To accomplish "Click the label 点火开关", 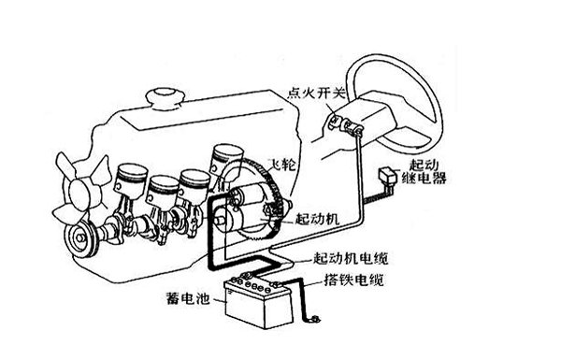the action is tap(317, 94).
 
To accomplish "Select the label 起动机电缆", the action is tap(351, 258).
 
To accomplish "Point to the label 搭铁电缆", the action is tap(353, 280).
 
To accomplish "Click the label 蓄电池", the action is tap(188, 297).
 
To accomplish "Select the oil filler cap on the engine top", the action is tap(165, 97).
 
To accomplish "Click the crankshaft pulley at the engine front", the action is tap(80, 237).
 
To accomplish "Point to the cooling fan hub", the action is tap(79, 193).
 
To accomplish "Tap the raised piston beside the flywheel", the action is tap(226, 160).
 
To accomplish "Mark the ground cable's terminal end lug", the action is tap(315, 319).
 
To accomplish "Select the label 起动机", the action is tap(317, 219).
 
